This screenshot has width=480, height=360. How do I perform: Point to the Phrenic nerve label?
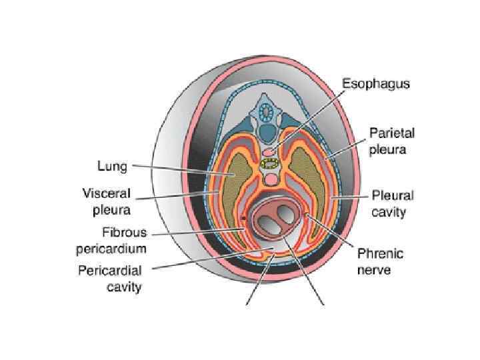coord(380,261)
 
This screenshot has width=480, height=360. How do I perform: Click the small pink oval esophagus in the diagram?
coord(270,151)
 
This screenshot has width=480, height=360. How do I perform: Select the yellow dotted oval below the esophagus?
coord(271,163)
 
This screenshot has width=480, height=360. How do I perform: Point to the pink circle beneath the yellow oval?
coord(271,179)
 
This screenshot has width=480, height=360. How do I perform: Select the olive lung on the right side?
coord(312,180)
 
